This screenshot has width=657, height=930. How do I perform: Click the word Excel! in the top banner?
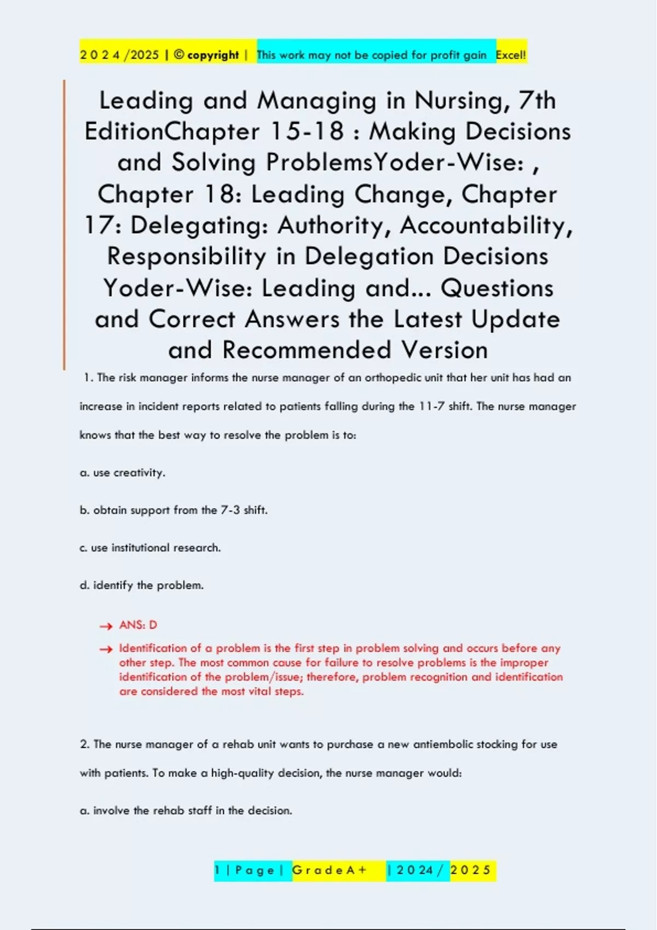click(510, 55)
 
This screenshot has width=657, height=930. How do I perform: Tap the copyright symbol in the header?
click(178, 55)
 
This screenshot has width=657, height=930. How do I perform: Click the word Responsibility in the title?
click(186, 257)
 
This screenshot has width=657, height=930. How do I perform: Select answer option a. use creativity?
click(123, 473)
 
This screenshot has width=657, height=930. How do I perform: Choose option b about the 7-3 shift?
click(174, 510)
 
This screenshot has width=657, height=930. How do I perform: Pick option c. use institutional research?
click(151, 548)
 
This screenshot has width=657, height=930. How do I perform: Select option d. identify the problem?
click(142, 585)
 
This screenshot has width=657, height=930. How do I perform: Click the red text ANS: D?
click(138, 625)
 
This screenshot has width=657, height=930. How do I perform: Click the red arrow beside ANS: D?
click(106, 626)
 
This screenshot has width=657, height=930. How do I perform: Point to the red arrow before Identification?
click(106, 649)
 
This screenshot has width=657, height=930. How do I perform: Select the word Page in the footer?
click(255, 870)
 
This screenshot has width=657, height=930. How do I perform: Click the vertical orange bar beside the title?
click(64, 224)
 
